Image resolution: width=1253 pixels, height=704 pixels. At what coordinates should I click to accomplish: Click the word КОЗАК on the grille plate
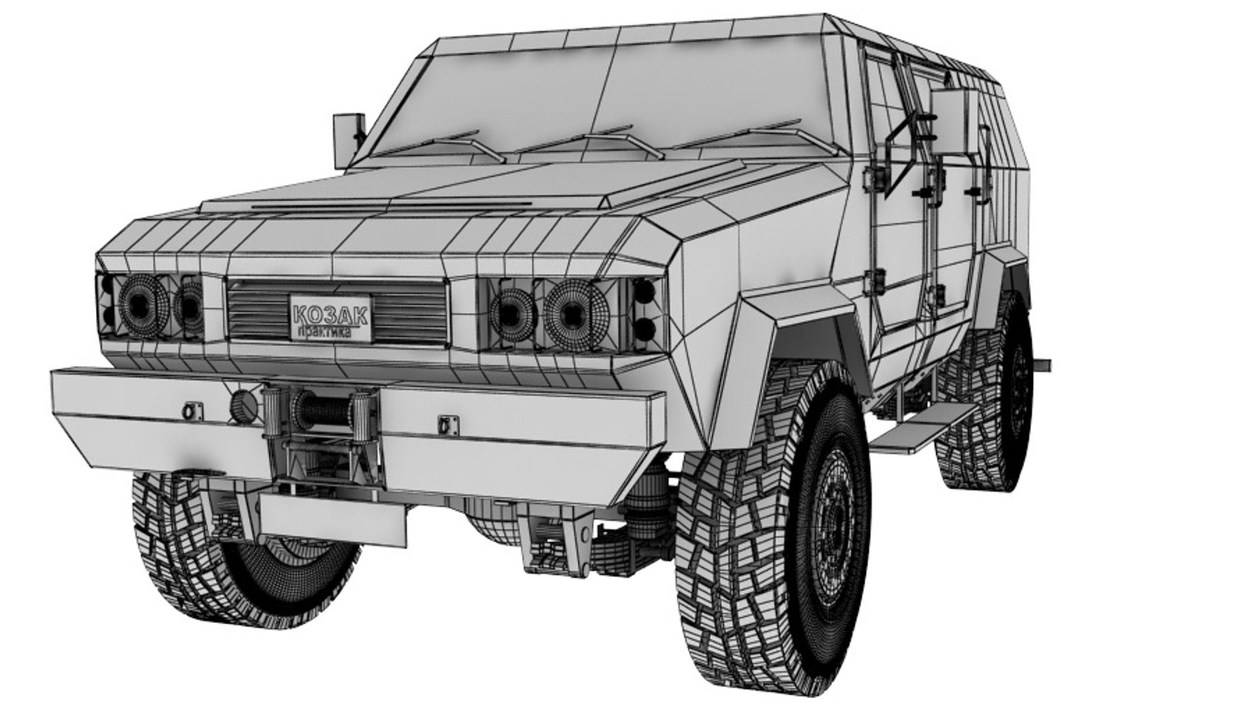(330, 314)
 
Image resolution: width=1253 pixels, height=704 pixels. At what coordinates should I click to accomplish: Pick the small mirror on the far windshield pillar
(348, 132)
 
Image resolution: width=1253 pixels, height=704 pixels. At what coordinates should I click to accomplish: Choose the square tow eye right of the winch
(446, 424)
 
